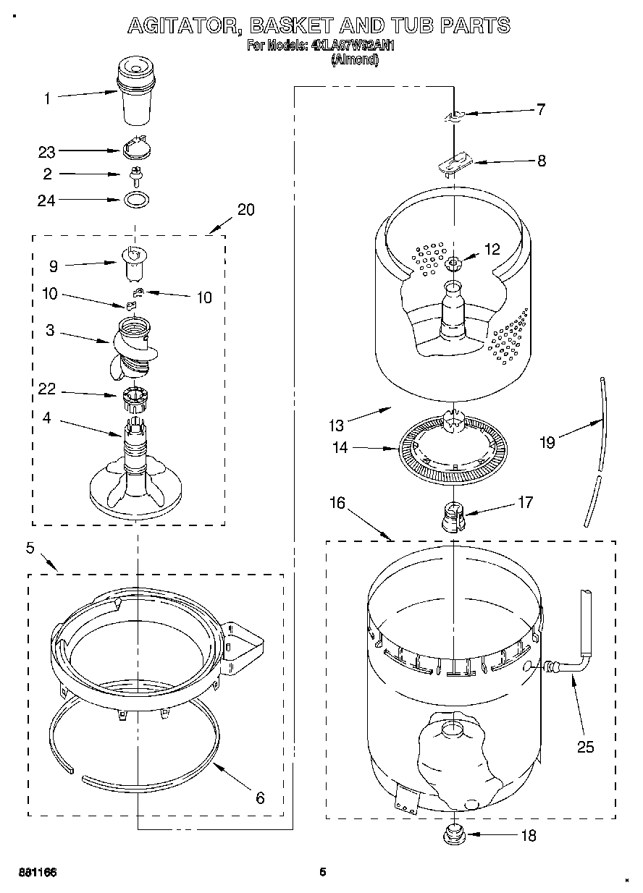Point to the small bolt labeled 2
tap(135, 174)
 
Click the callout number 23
tap(46, 152)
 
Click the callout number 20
tap(246, 210)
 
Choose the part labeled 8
tap(454, 164)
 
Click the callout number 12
tap(492, 249)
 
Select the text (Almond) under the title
tap(355, 61)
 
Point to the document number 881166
tap(38, 872)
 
